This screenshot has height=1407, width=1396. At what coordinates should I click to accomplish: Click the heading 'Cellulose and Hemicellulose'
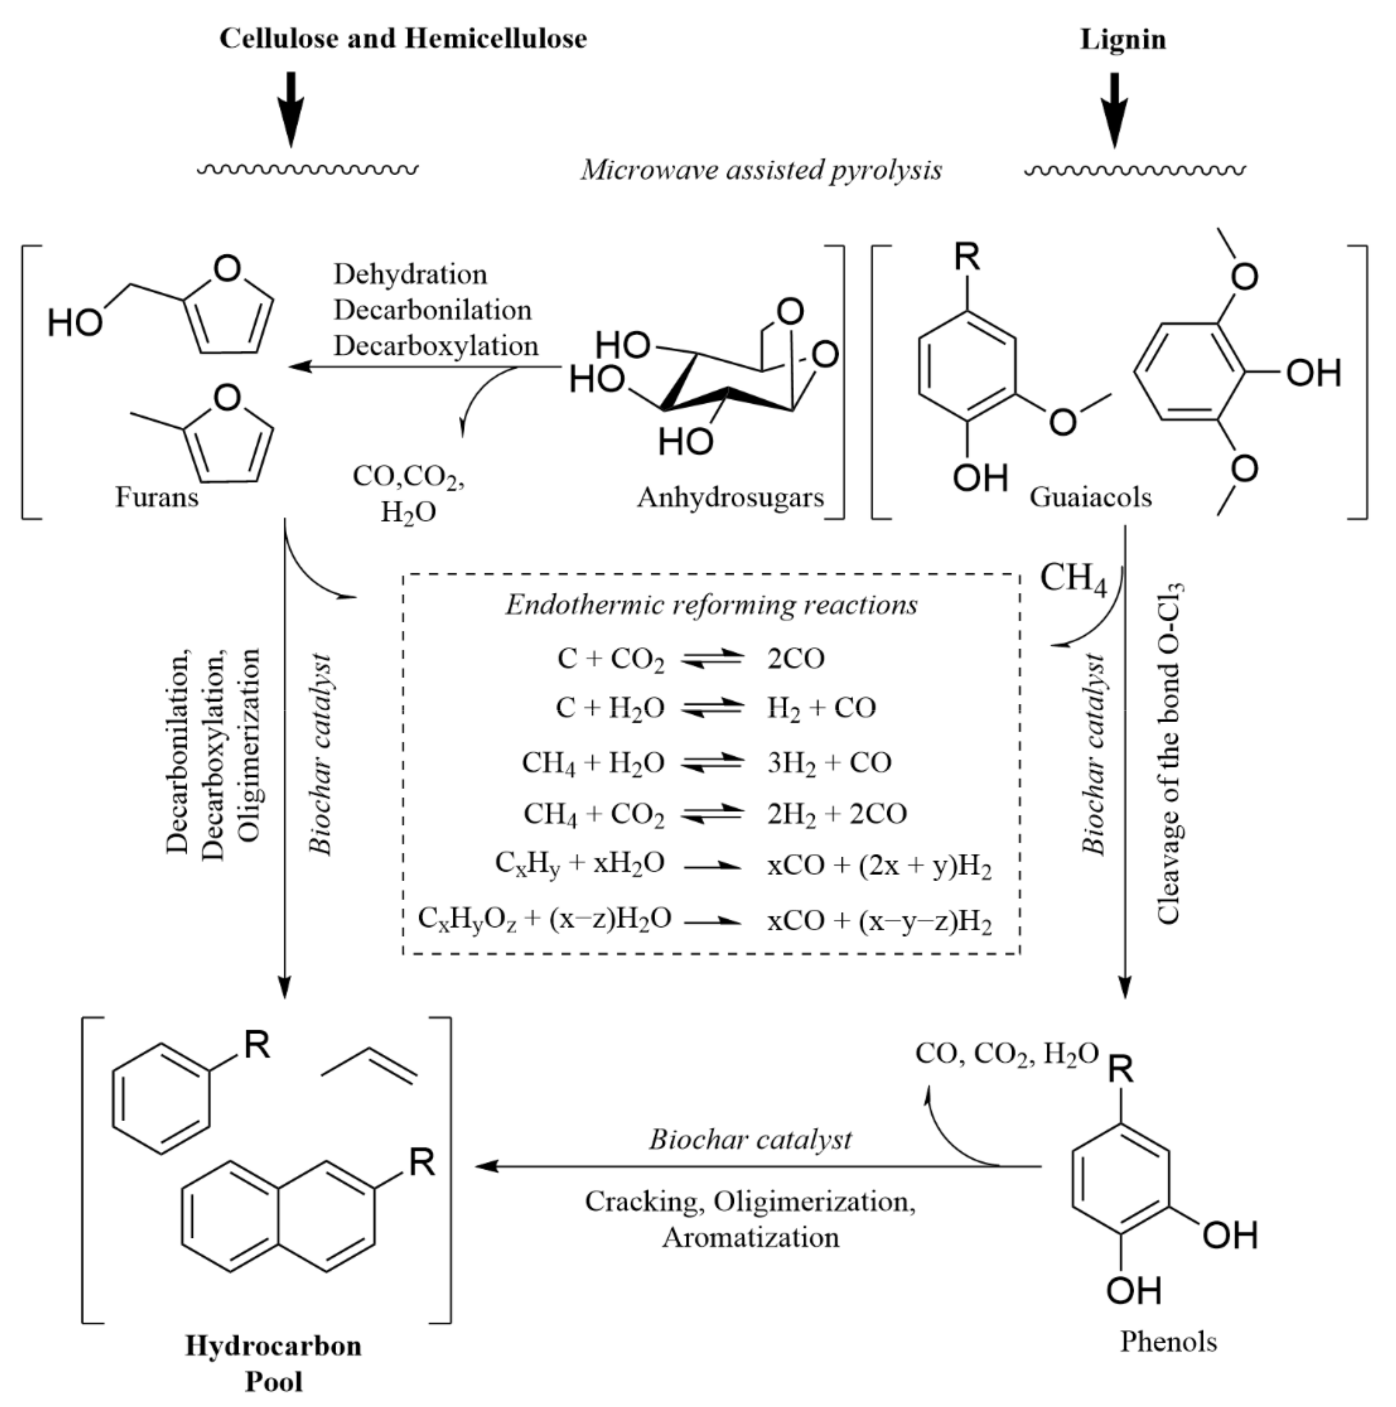click(403, 38)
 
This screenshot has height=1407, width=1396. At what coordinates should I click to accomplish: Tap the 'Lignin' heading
click(1122, 39)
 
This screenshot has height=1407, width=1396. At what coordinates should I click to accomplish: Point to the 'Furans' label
click(157, 498)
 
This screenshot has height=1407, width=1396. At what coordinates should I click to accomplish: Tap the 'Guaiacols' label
click(1090, 498)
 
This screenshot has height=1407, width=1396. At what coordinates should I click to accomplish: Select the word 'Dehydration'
click(410, 275)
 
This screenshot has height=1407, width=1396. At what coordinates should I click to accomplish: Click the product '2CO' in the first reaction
click(795, 659)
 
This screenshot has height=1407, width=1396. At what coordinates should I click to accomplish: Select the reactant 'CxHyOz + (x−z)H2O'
click(544, 919)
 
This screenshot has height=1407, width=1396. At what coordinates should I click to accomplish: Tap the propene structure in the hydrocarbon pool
click(369, 1065)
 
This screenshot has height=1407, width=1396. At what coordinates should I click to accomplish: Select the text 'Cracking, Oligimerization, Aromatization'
click(750, 1219)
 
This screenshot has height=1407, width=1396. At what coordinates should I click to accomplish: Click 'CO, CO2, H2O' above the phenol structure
click(1006, 1054)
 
